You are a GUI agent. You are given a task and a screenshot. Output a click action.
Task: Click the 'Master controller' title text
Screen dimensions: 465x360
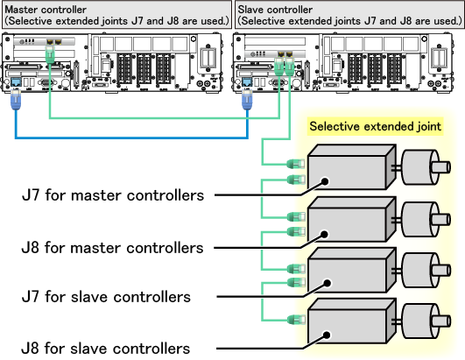tap(46, 10)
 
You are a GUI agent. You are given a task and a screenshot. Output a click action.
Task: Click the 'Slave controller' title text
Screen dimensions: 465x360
tap(275, 10)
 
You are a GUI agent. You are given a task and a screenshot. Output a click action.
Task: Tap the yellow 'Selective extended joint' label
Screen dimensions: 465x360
tap(375, 127)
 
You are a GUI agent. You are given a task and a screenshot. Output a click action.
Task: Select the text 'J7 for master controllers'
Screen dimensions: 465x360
tap(113, 195)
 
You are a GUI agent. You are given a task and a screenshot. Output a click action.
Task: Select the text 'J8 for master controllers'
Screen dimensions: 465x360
tap(112, 248)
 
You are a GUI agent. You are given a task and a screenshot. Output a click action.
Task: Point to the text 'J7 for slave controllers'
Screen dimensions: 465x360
tap(106, 297)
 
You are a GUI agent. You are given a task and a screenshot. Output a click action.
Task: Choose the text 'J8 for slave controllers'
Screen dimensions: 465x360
tap(106, 348)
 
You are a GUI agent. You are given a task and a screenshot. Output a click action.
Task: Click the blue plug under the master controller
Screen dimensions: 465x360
tap(16, 100)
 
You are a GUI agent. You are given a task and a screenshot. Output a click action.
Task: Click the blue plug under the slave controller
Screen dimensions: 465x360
tap(247, 100)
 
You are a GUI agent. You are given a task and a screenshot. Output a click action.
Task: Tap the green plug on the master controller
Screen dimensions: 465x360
tap(50, 54)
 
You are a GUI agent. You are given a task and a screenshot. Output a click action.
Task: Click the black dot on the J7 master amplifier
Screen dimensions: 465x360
tap(325, 181)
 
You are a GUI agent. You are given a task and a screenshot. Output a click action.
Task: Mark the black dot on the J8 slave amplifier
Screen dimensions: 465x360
tap(327, 335)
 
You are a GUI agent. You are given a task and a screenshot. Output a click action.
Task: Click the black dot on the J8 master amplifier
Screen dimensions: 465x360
tap(324, 234)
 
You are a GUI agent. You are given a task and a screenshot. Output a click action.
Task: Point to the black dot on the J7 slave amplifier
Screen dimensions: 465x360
tap(328, 283)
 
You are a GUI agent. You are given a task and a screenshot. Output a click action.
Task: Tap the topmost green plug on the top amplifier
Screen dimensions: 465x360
tap(296, 164)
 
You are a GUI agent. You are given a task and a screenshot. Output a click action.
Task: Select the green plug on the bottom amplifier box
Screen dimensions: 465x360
tap(296, 320)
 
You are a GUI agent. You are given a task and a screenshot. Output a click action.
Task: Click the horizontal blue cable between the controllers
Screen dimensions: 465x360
tap(131, 138)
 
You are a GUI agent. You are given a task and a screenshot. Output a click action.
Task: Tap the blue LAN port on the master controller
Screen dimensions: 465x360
tap(16, 82)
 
